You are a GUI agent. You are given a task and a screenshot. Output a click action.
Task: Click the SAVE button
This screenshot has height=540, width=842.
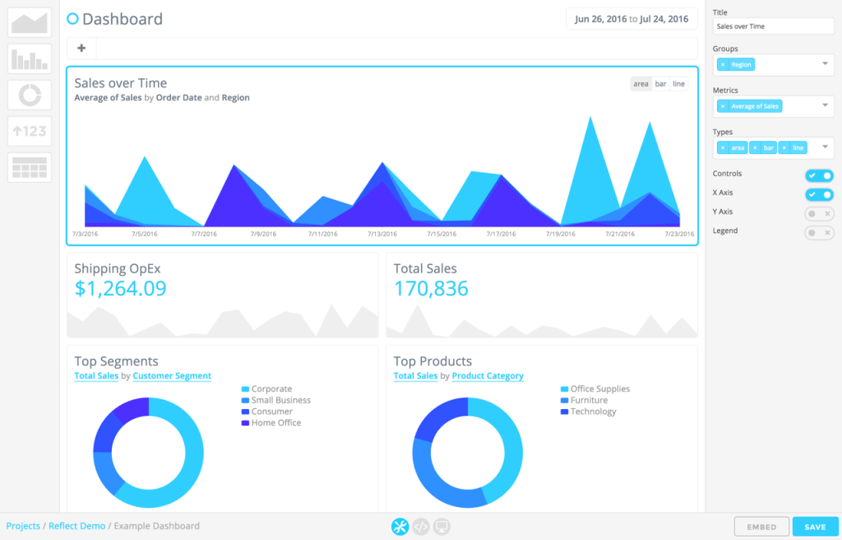click(815, 527)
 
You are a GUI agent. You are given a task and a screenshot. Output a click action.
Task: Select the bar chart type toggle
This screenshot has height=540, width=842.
click(660, 84)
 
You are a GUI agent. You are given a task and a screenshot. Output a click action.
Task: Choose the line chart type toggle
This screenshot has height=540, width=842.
click(678, 84)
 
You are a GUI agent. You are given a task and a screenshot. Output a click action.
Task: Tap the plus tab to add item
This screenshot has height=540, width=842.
click(81, 48)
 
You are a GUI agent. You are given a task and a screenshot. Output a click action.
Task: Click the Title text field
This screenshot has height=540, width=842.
click(773, 26)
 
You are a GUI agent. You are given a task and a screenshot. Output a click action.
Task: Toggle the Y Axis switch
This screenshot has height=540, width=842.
click(819, 213)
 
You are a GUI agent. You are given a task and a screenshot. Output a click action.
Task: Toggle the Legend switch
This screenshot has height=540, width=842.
click(819, 233)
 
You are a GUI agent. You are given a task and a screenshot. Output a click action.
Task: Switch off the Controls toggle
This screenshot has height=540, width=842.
click(819, 175)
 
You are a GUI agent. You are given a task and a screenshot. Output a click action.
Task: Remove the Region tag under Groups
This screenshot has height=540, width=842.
click(723, 64)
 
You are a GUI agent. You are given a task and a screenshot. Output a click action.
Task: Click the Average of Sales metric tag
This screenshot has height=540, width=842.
click(754, 106)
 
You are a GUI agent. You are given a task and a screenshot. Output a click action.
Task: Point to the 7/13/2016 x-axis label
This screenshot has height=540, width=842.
click(382, 234)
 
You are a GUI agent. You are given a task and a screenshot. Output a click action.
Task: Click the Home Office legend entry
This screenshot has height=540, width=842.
click(276, 423)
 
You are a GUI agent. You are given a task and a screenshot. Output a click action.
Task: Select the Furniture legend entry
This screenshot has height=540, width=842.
click(589, 400)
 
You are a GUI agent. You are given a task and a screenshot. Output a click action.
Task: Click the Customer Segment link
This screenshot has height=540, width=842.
click(172, 376)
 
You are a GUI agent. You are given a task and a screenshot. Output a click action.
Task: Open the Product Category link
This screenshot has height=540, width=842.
click(488, 376)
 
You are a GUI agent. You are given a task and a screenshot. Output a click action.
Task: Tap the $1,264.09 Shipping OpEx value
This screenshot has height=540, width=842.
click(120, 289)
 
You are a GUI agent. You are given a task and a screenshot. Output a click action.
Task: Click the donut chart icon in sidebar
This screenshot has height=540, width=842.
click(30, 95)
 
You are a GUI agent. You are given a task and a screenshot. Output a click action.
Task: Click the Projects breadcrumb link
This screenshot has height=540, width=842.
click(23, 526)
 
